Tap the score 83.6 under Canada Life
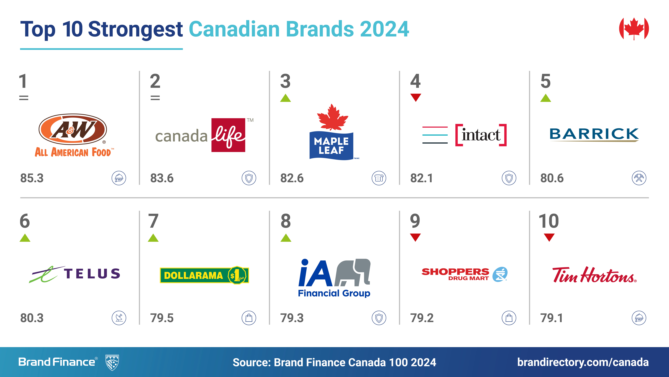click(162, 178)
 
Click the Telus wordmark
click(92, 274)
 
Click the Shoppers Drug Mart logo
click(464, 274)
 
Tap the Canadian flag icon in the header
click(634, 29)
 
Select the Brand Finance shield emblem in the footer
click(112, 362)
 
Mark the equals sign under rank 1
click(24, 98)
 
